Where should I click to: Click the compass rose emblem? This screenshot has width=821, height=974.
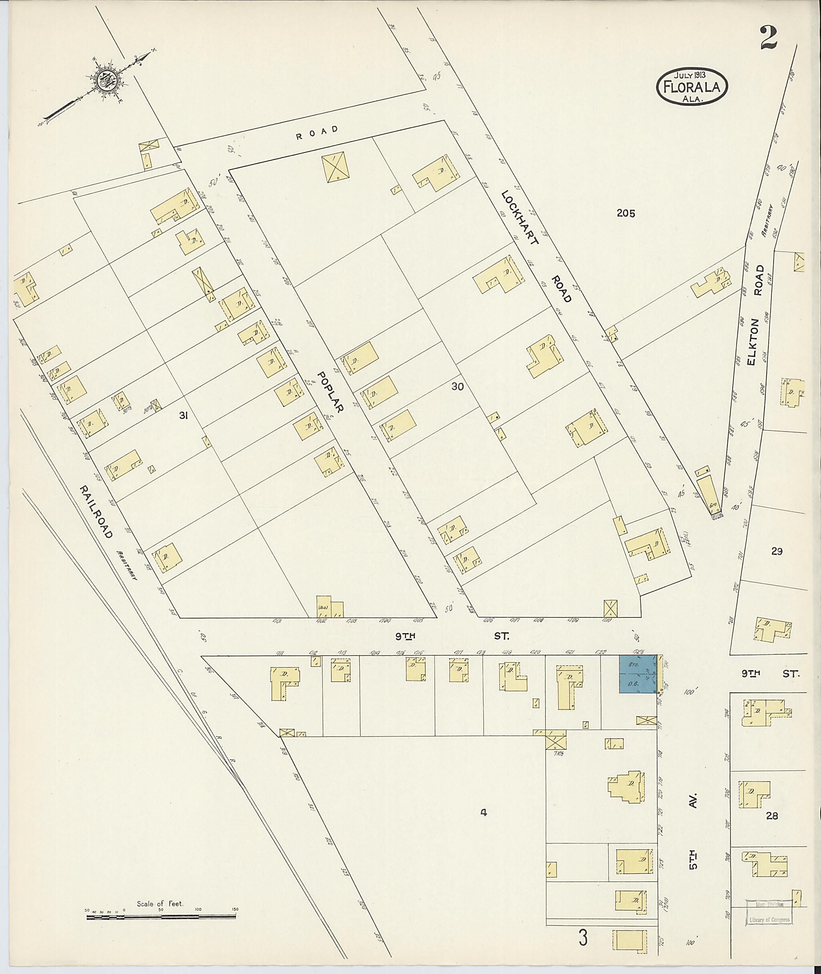(x=112, y=81)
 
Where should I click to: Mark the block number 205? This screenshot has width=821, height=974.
(x=625, y=214)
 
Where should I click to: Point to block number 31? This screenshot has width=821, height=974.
(x=183, y=417)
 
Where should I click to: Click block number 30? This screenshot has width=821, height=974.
(x=457, y=387)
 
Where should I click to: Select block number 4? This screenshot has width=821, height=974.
(x=483, y=813)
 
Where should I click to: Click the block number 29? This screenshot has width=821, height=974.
(x=777, y=552)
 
